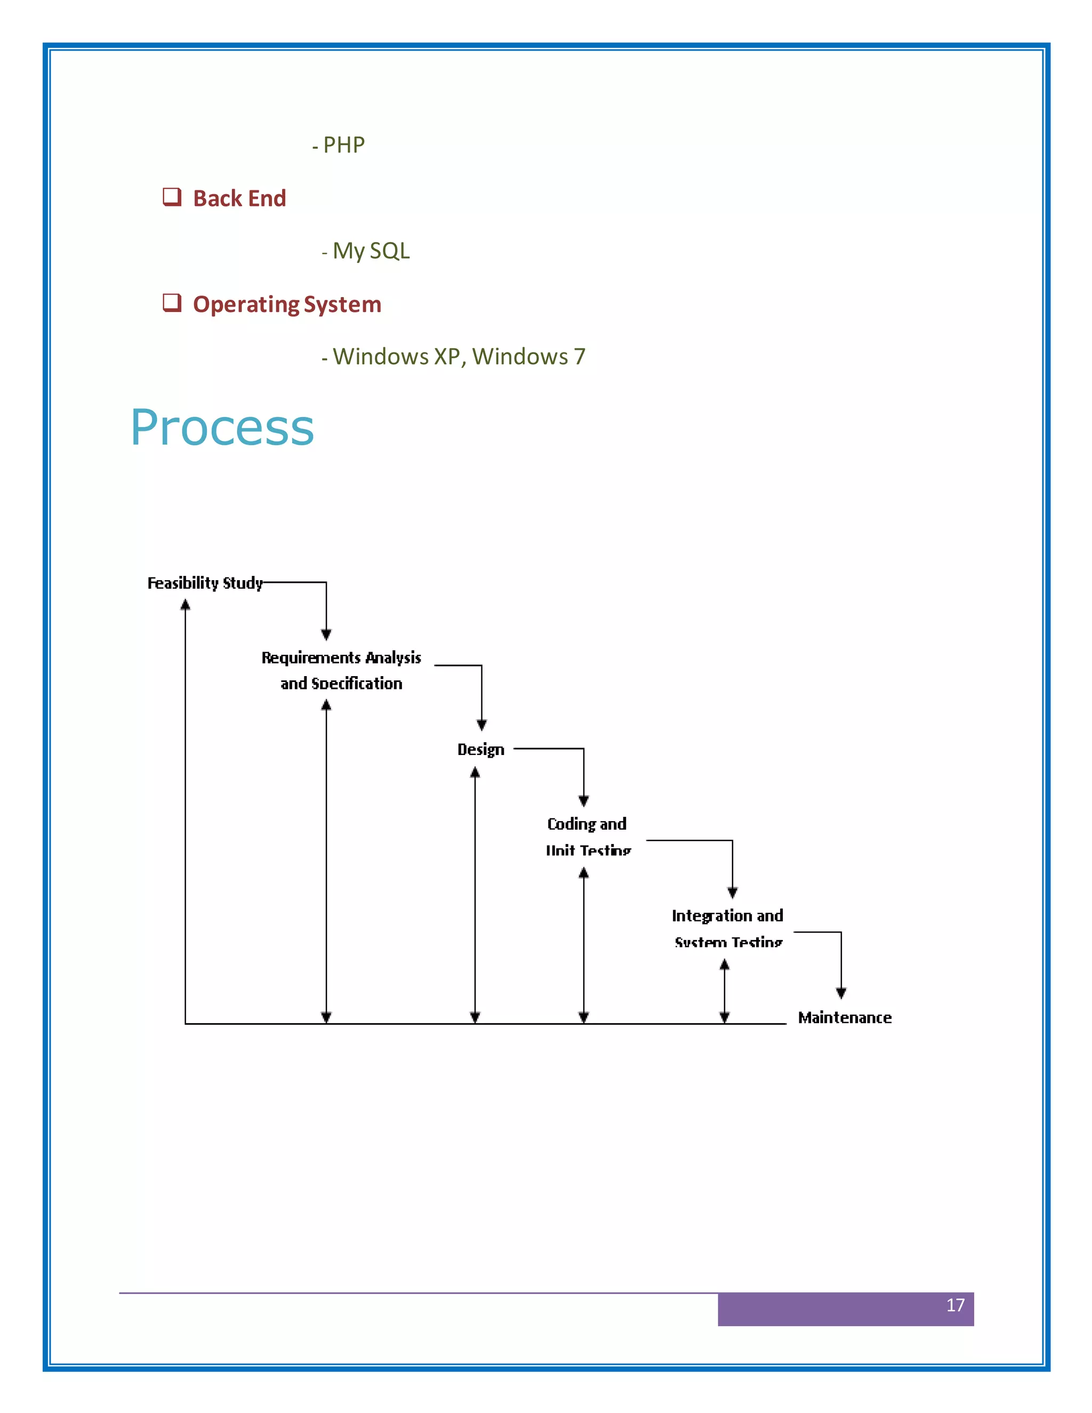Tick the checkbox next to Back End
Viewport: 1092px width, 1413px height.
coord(172,197)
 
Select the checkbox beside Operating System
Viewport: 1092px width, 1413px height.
coord(172,302)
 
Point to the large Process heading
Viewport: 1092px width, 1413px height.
coord(222,428)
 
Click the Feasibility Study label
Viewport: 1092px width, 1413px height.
coord(205,583)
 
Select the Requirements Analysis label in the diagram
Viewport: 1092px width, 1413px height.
coord(341,658)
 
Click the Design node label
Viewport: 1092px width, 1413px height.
coord(480,749)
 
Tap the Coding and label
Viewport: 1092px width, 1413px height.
coord(586,824)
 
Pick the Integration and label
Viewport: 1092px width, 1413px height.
coord(727,916)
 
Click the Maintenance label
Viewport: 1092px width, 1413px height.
coord(844,1018)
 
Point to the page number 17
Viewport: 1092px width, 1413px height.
coord(955,1305)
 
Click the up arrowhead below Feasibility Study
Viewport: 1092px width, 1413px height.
coord(186,605)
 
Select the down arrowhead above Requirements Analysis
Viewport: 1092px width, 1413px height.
coord(326,635)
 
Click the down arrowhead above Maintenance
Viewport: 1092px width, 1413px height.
coord(841,993)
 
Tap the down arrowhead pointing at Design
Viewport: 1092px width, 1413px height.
coord(481,725)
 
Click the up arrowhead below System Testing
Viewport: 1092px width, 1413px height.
coord(725,965)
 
